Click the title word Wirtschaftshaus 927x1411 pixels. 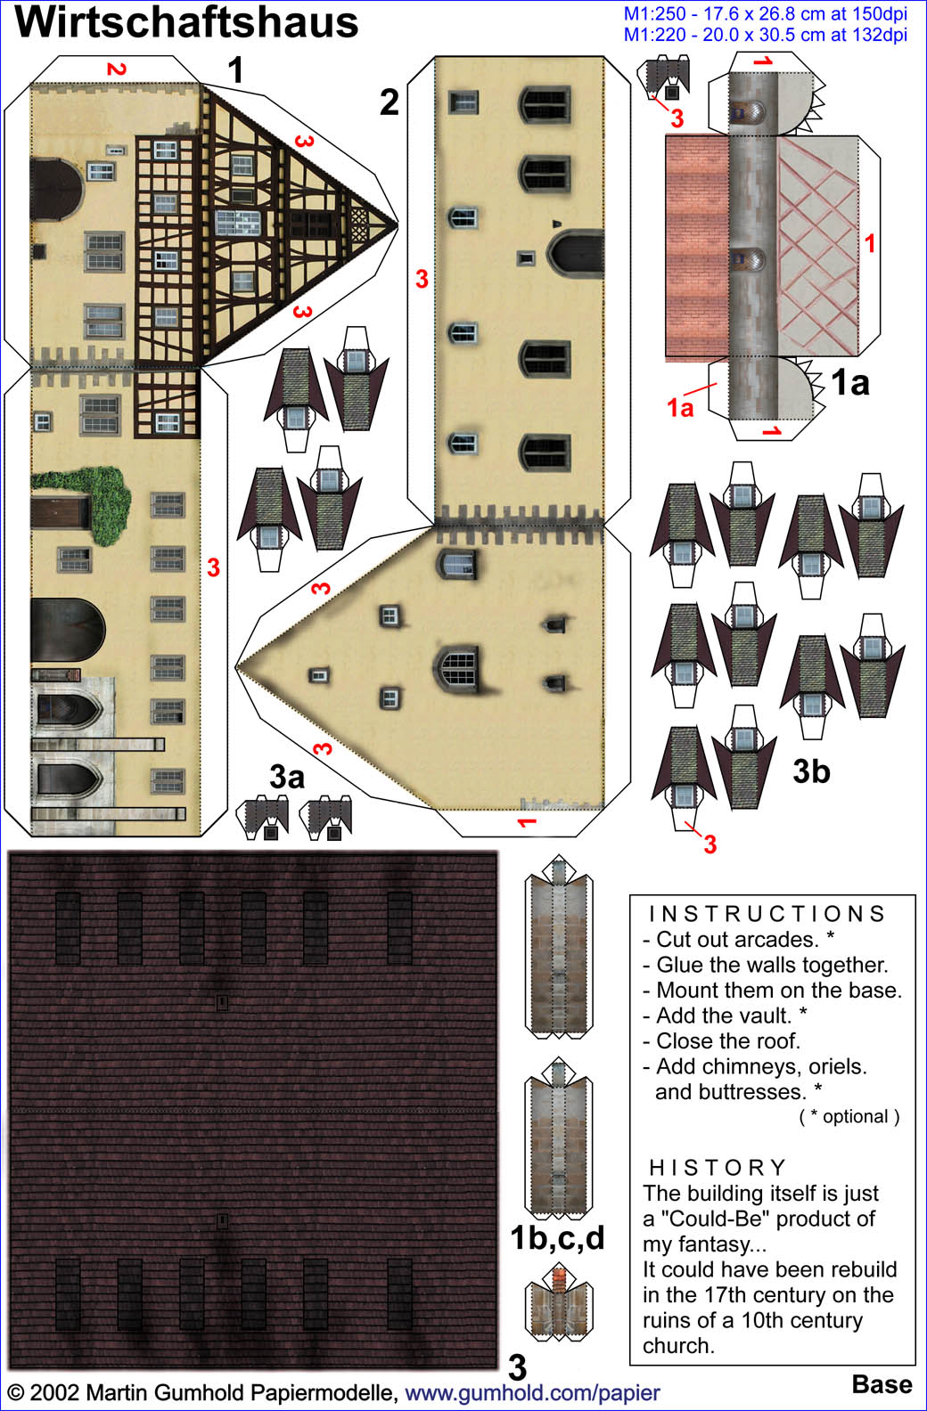point(186,22)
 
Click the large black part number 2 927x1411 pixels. point(389,102)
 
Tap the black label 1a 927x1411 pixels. point(850,382)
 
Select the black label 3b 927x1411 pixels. point(811,771)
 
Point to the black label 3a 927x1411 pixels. point(287,777)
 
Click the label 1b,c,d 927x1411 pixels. point(557,1238)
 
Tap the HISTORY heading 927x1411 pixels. point(718,1167)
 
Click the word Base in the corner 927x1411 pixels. point(882,1384)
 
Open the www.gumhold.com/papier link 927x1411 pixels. point(532,1392)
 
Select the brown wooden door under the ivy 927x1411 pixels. point(61,511)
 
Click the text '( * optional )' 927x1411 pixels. point(849,1117)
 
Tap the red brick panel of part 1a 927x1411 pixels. point(697,246)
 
